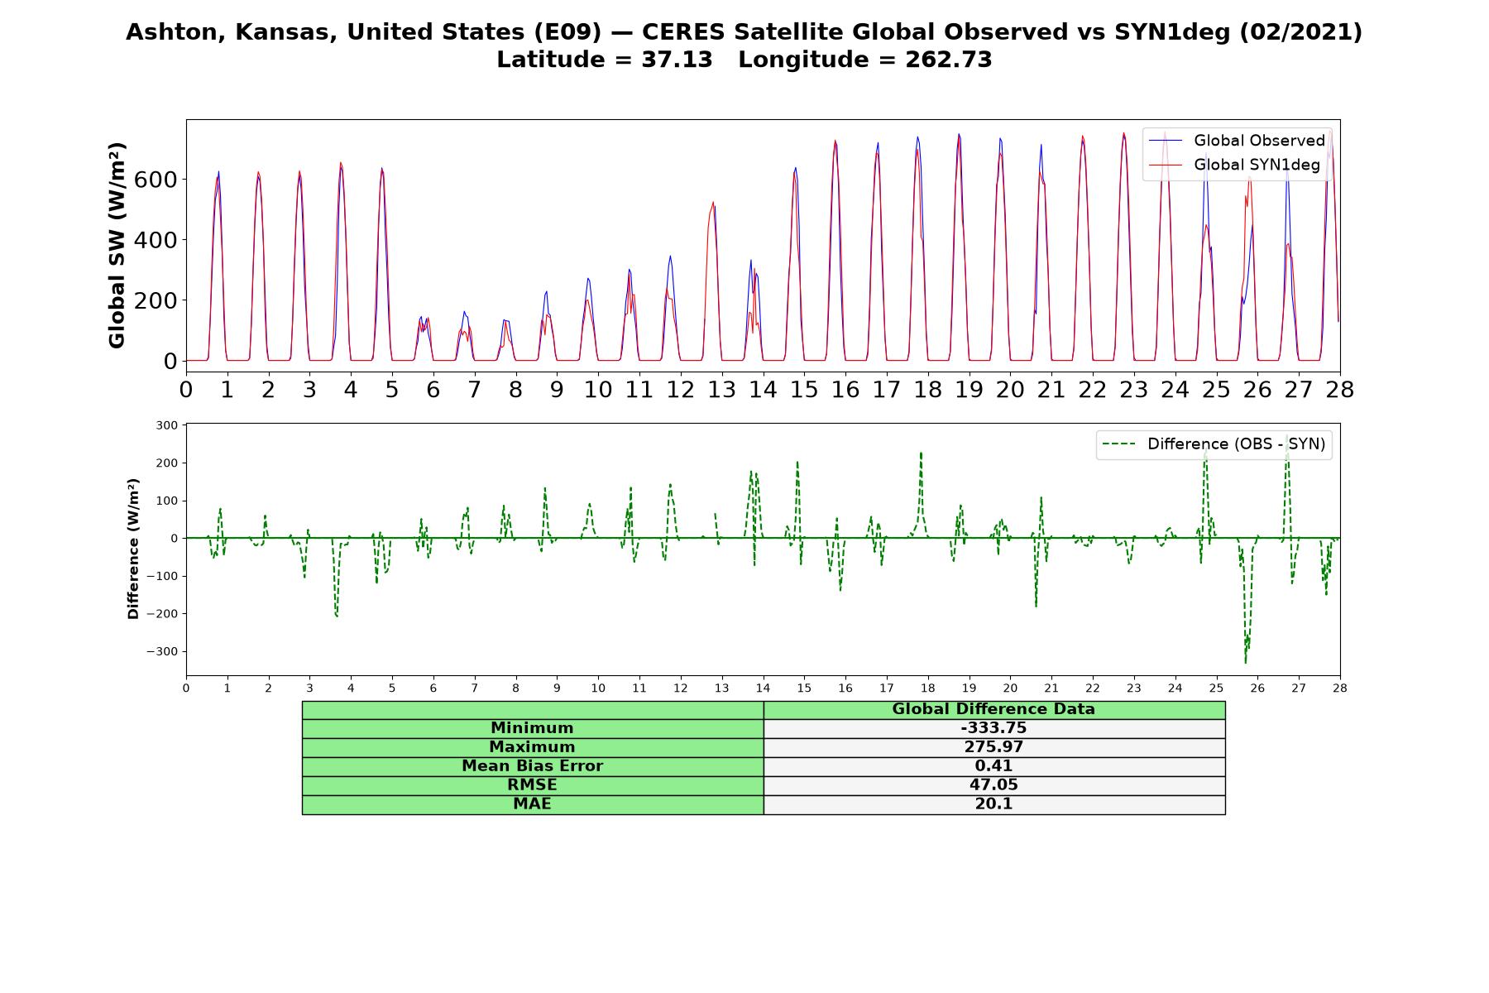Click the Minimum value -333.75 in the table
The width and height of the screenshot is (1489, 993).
click(993, 728)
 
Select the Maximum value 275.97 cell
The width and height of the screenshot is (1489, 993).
click(993, 747)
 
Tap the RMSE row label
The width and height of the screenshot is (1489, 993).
click(532, 785)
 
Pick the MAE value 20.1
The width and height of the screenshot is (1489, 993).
click(993, 804)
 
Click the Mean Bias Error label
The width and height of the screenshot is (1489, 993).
click(532, 766)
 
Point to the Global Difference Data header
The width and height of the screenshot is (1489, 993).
click(993, 709)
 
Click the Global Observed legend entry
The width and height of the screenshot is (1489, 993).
click(1237, 141)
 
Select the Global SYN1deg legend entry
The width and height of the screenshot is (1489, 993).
click(1234, 165)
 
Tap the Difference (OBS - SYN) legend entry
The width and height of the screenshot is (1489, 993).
click(1214, 444)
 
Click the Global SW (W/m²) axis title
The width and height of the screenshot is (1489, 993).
click(117, 245)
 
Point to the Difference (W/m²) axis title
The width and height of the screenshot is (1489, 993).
click(133, 549)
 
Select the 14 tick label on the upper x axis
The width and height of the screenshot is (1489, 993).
click(763, 390)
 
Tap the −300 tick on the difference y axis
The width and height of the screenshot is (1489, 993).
click(162, 652)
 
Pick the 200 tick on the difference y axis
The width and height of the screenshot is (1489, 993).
click(166, 463)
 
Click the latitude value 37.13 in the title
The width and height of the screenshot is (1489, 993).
click(677, 60)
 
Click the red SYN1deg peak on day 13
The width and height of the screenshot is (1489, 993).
click(713, 202)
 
